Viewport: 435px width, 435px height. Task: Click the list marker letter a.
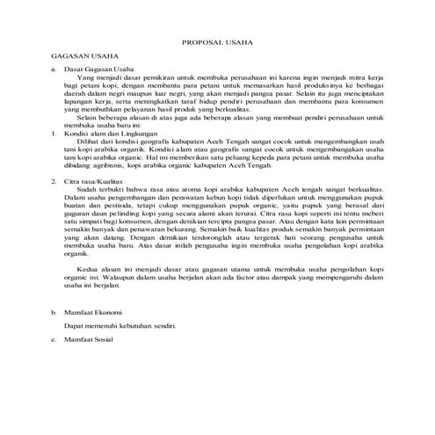[x=54, y=68]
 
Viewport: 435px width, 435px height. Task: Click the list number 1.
[x=54, y=132]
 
